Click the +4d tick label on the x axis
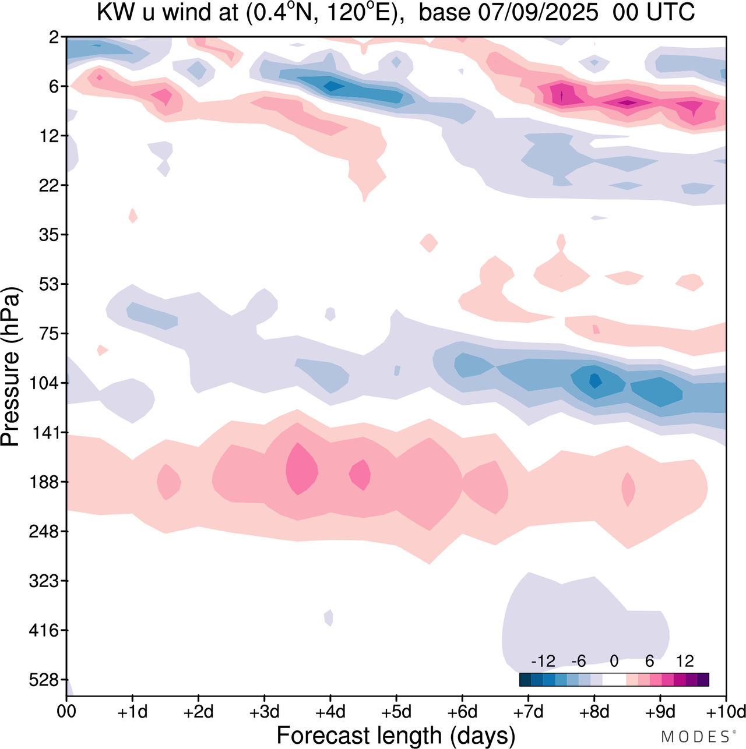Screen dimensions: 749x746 click(x=330, y=712)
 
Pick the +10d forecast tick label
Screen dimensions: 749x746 click(x=726, y=712)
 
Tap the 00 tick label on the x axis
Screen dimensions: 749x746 click(x=67, y=712)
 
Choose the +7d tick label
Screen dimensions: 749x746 click(x=528, y=712)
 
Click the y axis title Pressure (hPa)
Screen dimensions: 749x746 click(x=10, y=367)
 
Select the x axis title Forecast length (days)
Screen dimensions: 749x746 click(x=396, y=736)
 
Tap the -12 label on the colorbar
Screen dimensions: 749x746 click(x=543, y=661)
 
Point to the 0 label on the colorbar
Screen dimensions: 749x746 click(x=614, y=661)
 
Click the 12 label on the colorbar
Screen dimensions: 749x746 click(x=685, y=661)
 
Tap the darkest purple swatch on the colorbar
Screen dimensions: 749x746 click(x=703, y=680)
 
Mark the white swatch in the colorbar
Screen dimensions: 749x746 click(x=614, y=680)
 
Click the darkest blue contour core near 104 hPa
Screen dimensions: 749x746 click(x=595, y=381)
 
